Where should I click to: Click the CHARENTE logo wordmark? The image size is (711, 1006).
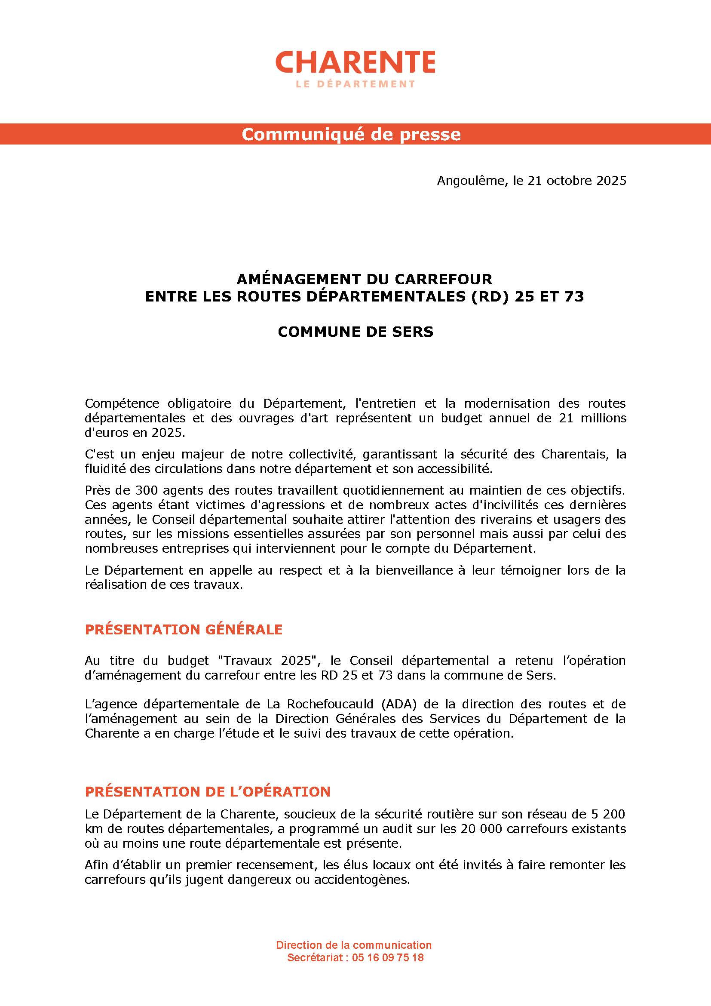click(x=355, y=62)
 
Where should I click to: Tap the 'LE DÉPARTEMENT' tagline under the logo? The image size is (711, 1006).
click(x=355, y=84)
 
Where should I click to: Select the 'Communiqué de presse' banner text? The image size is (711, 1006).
click(x=351, y=134)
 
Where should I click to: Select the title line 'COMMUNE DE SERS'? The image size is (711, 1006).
click(x=355, y=332)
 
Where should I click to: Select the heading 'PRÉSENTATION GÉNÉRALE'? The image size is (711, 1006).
click(x=184, y=630)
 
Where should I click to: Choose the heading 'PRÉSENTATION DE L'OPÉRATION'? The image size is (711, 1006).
click(x=208, y=791)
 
